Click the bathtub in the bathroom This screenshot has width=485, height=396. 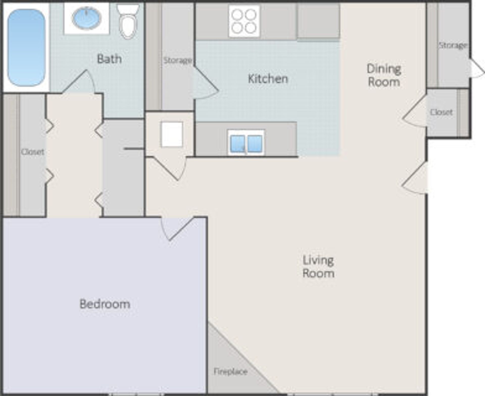[x=26, y=48]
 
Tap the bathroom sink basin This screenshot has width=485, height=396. [x=87, y=18]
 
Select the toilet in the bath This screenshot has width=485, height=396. [x=128, y=23]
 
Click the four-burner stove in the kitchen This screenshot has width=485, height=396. [x=244, y=21]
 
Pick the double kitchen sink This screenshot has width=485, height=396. [x=246, y=143]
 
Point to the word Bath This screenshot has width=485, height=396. [x=109, y=59]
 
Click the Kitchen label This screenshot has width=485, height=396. [x=268, y=79]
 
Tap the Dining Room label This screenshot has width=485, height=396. [x=384, y=75]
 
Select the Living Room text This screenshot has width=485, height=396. [x=318, y=267]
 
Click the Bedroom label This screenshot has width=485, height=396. [x=105, y=304]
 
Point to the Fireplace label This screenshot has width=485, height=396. [x=230, y=371]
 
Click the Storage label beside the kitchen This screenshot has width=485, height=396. [x=177, y=60]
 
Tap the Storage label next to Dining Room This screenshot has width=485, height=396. [x=453, y=45]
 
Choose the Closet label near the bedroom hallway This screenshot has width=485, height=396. [x=33, y=152]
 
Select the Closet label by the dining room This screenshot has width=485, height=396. [x=441, y=112]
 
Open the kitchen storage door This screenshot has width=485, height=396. [x=205, y=83]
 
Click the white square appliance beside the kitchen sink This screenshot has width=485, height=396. [x=172, y=134]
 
